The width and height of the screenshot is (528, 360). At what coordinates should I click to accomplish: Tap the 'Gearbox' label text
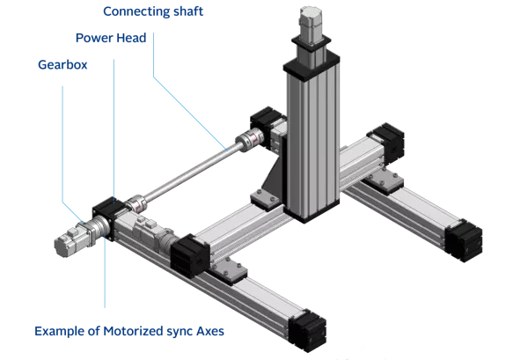point(63,64)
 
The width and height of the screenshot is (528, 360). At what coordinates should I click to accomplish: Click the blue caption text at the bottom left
point(128,332)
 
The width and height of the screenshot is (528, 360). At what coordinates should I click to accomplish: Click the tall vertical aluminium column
point(304,141)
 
